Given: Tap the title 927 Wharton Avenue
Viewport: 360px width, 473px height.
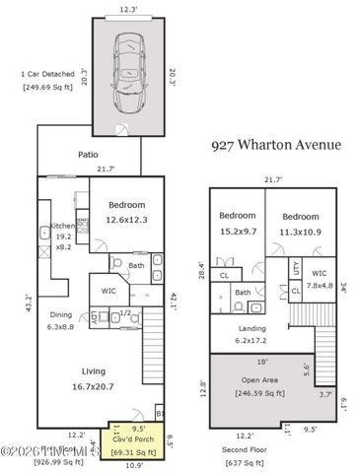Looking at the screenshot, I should coord(276,144).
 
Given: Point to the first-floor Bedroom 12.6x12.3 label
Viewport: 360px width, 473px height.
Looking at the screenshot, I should coord(126,212).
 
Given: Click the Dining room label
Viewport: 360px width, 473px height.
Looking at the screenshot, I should coord(61,320).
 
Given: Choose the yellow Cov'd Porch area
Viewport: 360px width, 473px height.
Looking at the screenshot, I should coord(126,440).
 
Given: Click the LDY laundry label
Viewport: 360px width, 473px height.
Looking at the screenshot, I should coord(96,317).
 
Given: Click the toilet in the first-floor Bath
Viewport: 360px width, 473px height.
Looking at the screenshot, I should coord(116,263).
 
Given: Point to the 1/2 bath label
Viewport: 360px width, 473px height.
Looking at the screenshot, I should coord(126,314).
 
